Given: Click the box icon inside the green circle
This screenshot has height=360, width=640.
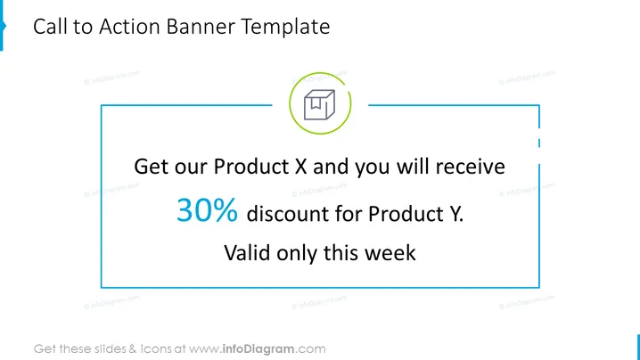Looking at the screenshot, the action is pyautogui.click(x=320, y=104).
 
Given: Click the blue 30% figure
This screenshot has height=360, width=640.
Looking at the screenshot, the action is pyautogui.click(x=207, y=209).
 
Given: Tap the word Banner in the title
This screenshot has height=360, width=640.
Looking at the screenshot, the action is pyautogui.click(x=201, y=27).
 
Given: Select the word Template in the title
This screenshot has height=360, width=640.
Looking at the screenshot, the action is pyautogui.click(x=285, y=28).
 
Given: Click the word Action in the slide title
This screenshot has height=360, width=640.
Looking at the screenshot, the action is pyautogui.click(x=129, y=27).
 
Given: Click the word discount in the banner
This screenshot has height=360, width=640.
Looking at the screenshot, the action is pyautogui.click(x=287, y=214).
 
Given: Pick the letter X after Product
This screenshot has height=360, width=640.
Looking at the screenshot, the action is pyautogui.click(x=300, y=167).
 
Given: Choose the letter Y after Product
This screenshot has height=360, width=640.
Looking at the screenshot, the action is pyautogui.click(x=455, y=214).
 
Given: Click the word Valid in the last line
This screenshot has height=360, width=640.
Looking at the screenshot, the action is pyautogui.click(x=247, y=253).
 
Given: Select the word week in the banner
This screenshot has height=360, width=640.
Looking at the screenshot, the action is pyautogui.click(x=390, y=253).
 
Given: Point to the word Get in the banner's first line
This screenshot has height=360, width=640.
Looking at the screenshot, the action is pyautogui.click(x=151, y=167).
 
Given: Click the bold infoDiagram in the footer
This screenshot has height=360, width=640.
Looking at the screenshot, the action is pyautogui.click(x=258, y=349).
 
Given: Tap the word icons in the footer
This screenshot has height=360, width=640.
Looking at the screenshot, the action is pyautogui.click(x=156, y=349).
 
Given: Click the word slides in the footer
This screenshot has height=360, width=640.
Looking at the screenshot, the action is pyautogui.click(x=111, y=349).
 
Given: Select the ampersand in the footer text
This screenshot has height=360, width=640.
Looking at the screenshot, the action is pyautogui.click(x=133, y=349).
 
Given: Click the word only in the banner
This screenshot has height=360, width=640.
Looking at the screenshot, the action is pyautogui.click(x=297, y=253).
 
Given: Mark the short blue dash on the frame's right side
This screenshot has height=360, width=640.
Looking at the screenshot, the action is pyautogui.click(x=539, y=143).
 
